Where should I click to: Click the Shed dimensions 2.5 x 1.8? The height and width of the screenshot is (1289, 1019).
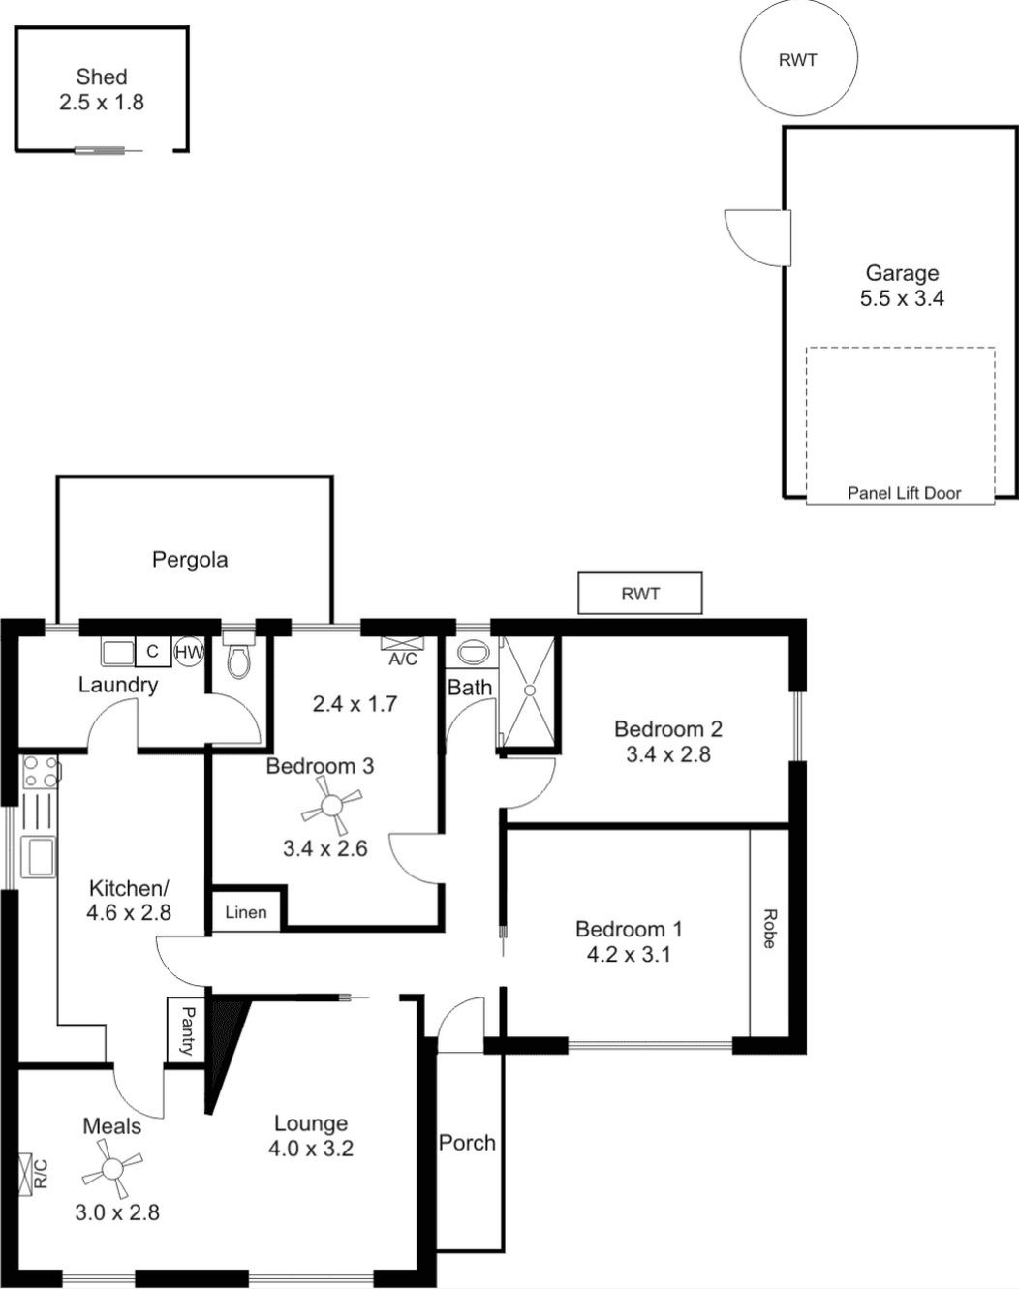coord(102,103)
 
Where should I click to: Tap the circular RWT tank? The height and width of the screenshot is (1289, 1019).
coord(798,57)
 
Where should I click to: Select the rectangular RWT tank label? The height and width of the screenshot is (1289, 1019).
coord(640,595)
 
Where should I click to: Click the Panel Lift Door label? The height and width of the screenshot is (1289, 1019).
coord(904,493)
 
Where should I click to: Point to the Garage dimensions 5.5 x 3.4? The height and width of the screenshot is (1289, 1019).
coord(902,298)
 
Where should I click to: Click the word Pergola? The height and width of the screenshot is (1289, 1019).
coord(190,560)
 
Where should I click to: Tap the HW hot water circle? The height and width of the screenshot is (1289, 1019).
coord(189,652)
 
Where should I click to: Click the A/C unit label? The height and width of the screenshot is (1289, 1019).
coord(403,660)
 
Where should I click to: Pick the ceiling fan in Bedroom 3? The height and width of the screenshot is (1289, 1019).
coord(331,806)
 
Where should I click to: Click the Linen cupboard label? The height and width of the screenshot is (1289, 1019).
coord(246,912)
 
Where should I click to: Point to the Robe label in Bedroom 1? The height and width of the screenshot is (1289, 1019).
coord(770,929)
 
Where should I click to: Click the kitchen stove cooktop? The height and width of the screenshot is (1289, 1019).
coord(40,772)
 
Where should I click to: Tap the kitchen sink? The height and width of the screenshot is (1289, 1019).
coord(39,856)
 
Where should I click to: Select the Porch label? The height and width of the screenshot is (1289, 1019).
coord(467,1142)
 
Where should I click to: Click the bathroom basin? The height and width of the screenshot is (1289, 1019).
coord(474,653)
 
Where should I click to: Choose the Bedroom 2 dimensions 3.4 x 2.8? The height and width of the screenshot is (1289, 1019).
coord(668,754)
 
